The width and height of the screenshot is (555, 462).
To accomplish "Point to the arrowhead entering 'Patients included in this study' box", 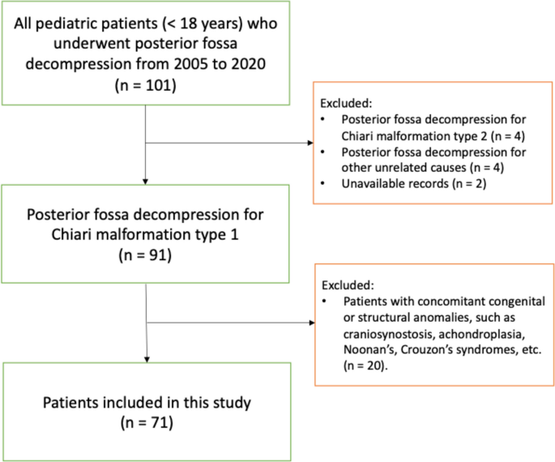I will point(145,358).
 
